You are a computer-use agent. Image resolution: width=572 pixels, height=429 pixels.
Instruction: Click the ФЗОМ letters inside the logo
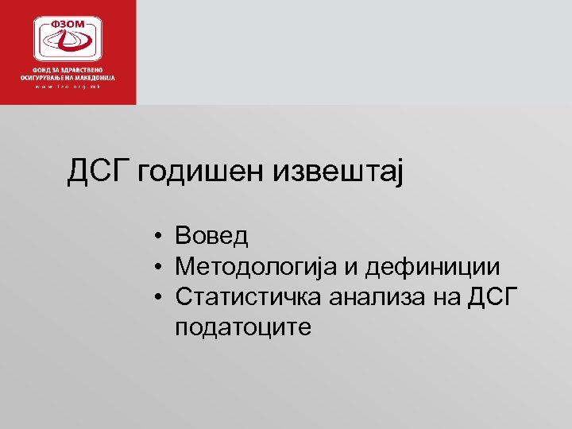(68, 25)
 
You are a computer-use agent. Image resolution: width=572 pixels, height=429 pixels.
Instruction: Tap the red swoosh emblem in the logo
(68, 44)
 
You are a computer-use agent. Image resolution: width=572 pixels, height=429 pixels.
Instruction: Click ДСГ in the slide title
(99, 171)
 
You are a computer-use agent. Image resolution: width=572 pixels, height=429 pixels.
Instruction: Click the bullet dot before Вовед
(160, 237)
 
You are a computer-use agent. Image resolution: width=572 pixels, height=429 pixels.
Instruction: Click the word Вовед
(212, 236)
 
